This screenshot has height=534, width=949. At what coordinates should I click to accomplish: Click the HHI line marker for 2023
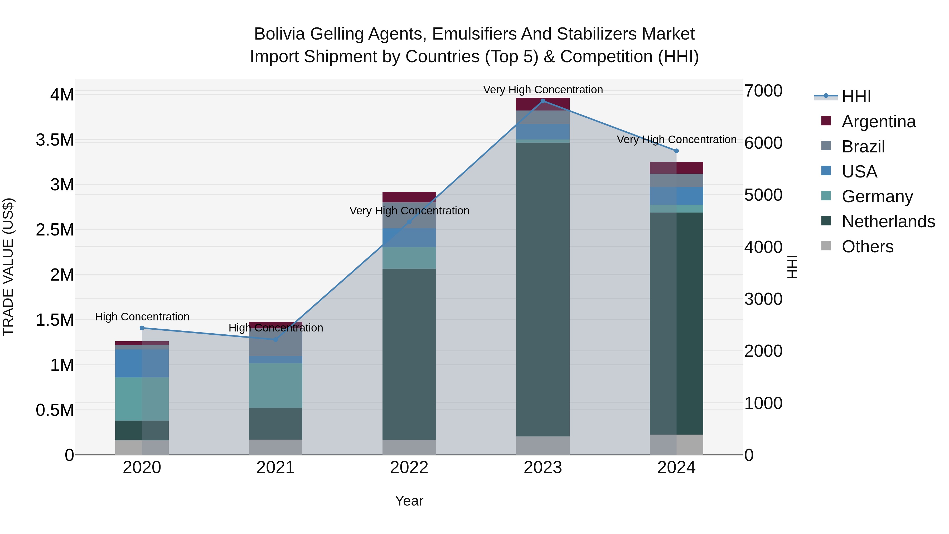pyautogui.click(x=543, y=101)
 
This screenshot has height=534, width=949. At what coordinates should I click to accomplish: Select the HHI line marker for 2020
pyautogui.click(x=142, y=328)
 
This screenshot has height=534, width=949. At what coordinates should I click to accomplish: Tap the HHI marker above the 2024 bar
pyautogui.click(x=676, y=151)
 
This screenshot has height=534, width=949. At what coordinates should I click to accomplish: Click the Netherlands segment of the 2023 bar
pyautogui.click(x=543, y=289)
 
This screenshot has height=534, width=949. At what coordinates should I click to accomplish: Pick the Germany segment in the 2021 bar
pyautogui.click(x=275, y=386)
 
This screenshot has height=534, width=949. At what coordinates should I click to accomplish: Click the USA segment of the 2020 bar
pyautogui.click(x=142, y=363)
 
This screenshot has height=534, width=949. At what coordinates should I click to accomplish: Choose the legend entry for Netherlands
pyautogui.click(x=888, y=222)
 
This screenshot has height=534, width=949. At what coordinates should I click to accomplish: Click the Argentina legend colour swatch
pyautogui.click(x=826, y=121)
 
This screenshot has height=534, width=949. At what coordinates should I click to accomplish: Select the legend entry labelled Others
pyautogui.click(x=868, y=247)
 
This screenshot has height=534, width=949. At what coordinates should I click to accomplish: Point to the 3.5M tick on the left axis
pyautogui.click(x=55, y=140)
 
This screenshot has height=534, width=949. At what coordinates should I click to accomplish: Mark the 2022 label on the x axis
pyautogui.click(x=409, y=468)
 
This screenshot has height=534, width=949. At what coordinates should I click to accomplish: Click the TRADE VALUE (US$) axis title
pyautogui.click(x=8, y=267)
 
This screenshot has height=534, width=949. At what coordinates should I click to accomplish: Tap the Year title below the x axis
pyautogui.click(x=409, y=501)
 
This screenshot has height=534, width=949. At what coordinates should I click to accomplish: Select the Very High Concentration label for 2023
pyautogui.click(x=543, y=90)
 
